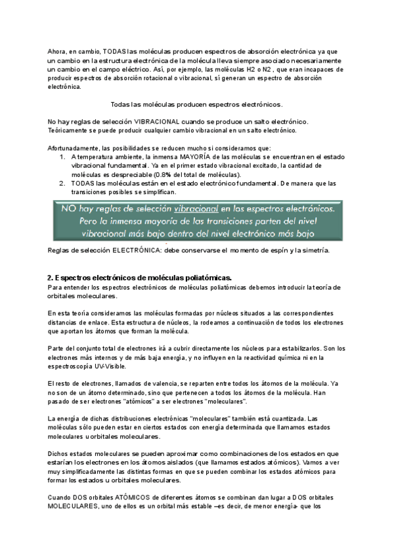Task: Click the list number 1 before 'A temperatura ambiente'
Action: click(62, 157)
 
